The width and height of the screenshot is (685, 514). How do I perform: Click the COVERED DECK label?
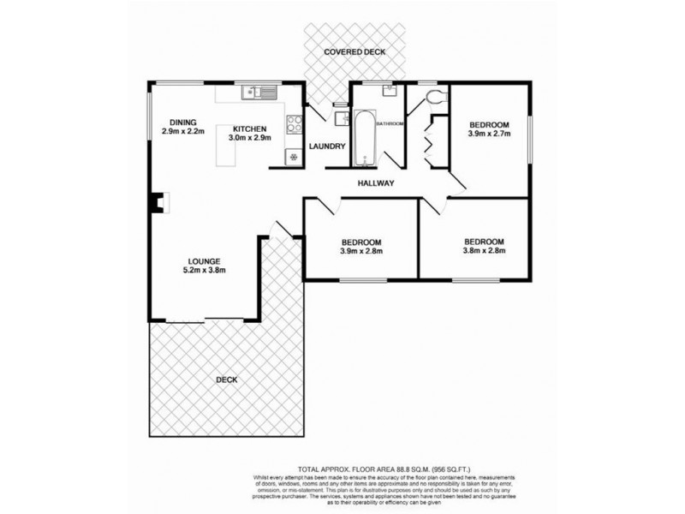(x=354, y=52)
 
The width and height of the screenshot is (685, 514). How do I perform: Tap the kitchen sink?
(x=255, y=89)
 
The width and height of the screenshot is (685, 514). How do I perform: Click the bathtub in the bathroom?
(x=364, y=137)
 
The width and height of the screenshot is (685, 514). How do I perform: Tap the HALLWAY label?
(x=376, y=182)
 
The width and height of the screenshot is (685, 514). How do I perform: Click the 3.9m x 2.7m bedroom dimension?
(x=489, y=134)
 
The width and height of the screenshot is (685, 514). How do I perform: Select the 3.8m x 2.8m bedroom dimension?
(x=485, y=251)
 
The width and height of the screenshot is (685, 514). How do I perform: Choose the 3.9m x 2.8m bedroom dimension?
(x=360, y=252)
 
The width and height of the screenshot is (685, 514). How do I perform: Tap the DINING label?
(x=183, y=121)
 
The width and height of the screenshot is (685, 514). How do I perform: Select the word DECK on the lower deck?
(x=226, y=380)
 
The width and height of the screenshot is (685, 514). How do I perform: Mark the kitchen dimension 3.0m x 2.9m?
(x=249, y=138)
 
